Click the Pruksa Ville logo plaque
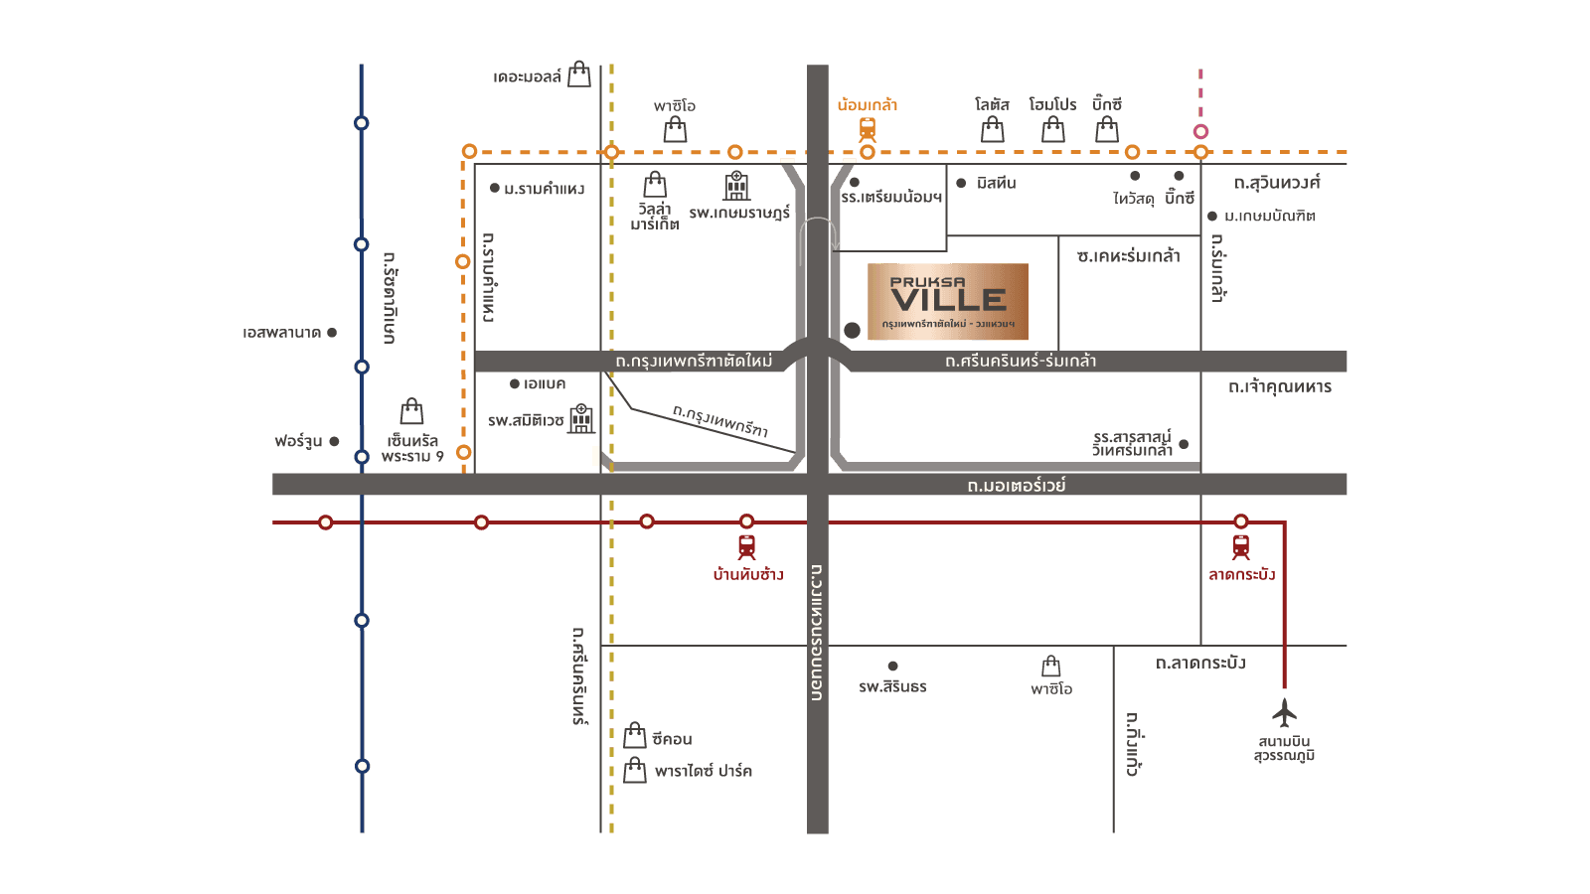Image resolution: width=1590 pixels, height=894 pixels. coord(948,302)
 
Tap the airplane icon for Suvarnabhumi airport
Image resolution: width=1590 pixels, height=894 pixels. coord(1284,712)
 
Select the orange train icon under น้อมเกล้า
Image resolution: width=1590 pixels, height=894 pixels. coord(868,129)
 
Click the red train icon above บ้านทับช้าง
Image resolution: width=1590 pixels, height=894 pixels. coord(746,546)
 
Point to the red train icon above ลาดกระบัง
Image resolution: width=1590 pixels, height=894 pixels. coord(1240,546)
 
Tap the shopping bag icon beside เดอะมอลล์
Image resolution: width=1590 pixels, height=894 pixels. coord(579,75)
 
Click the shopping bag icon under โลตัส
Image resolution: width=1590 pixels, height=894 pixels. coord(992,130)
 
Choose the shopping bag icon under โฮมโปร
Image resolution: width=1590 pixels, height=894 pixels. coord(1053,130)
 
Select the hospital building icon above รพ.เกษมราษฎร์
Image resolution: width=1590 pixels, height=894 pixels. coord(736,185)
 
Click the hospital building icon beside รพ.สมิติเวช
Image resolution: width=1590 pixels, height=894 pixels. coord(581,418)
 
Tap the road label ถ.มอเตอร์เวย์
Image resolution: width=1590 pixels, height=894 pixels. coord(1016,485)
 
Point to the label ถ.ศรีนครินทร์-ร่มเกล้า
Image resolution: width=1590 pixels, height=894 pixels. coord(1021,361)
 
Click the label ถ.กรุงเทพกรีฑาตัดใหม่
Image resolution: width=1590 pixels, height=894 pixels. coord(694,361)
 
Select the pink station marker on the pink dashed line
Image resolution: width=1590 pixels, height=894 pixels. coord(1200,131)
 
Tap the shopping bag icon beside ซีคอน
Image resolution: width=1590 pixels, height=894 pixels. coord(635,736)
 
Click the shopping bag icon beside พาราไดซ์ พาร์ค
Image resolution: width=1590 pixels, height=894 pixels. coord(635,770)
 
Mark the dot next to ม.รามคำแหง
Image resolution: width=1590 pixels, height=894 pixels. coord(495,188)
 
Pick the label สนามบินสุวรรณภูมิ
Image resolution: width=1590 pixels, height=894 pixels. coord(1284,749)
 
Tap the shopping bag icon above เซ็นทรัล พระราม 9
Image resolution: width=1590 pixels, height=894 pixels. coord(411,411)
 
